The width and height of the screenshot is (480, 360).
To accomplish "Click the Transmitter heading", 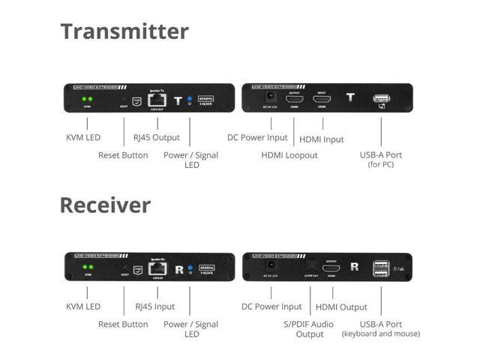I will (124, 31).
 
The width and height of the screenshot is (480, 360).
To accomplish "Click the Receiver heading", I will (105, 205).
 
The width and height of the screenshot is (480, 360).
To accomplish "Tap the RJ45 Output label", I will (156, 138).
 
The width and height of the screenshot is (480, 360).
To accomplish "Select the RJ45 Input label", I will (154, 307).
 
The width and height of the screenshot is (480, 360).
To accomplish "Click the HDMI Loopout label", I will (289, 155).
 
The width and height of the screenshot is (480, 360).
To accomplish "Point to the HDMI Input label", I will (322, 139).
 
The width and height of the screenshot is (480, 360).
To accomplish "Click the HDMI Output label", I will (341, 307).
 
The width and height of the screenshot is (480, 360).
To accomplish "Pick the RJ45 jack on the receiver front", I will (157, 268).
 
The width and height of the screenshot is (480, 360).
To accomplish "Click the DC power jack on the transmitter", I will (266, 98).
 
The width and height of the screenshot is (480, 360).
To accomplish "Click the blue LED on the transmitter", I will (190, 98).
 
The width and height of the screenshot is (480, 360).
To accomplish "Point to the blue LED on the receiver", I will (190, 267).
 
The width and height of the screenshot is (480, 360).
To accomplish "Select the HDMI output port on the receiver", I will (331, 268).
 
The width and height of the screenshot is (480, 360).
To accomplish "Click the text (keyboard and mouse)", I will (380, 334).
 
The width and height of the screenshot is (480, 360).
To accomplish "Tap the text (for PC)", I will (381, 164).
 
